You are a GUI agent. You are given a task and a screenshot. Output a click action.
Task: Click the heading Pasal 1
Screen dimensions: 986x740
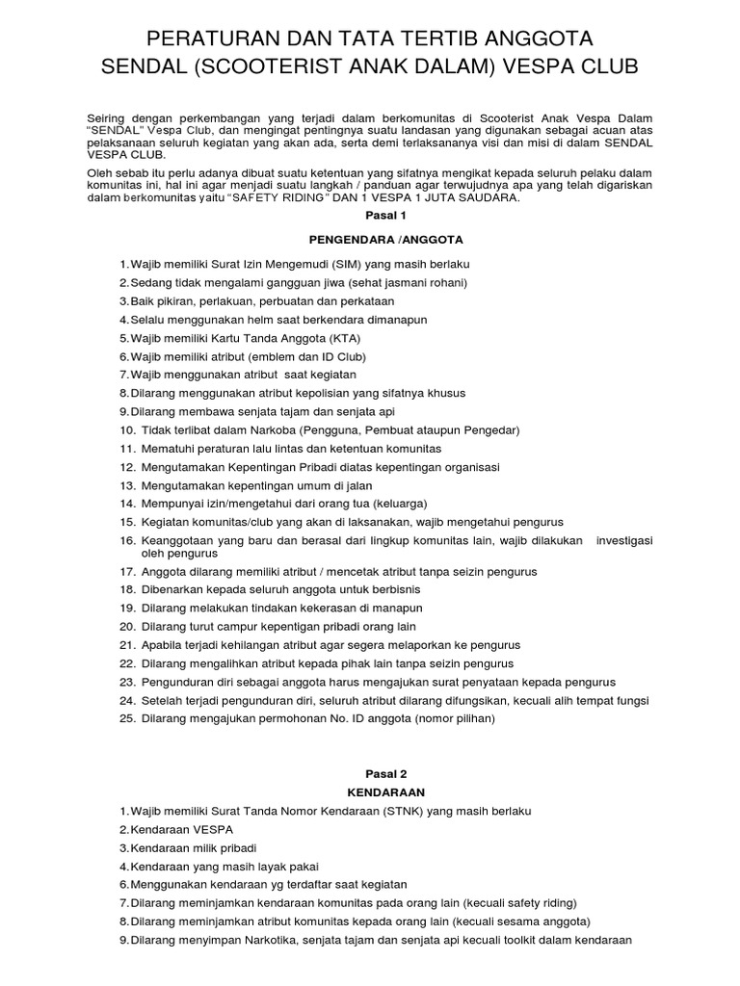pos(369,218)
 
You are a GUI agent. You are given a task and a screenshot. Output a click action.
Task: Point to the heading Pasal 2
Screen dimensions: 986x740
pos(369,773)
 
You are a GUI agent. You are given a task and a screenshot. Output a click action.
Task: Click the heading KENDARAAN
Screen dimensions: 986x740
pos(369,791)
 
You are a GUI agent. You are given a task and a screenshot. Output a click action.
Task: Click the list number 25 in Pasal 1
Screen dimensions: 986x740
pos(127,718)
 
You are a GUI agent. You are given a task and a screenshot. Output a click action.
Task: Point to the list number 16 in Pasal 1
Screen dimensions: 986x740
pos(127,540)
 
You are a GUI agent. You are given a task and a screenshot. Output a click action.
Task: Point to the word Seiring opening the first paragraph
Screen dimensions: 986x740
pos(108,118)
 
